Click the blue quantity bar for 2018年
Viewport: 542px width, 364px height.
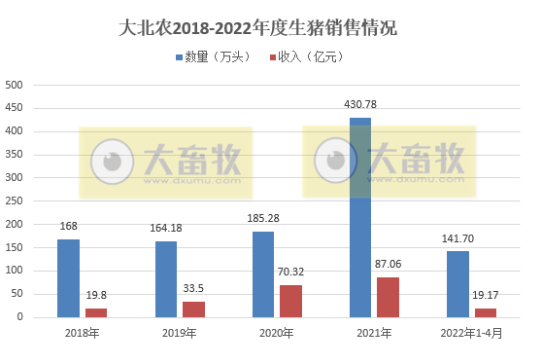tap(68, 277)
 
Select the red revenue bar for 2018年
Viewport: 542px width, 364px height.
tap(96, 311)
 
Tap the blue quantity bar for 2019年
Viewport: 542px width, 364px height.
tap(166, 278)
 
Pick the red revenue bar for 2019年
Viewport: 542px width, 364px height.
tap(193, 309)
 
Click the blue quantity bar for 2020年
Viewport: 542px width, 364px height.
tap(263, 273)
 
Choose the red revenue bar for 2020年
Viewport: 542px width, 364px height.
tap(290, 300)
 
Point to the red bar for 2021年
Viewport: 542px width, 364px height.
tap(388, 296)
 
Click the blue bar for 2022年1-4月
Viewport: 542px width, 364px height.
tap(457, 283)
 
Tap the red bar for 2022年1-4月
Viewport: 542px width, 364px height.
tap(485, 311)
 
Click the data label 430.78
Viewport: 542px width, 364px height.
tap(360, 104)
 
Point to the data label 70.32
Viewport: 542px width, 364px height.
tap(290, 273)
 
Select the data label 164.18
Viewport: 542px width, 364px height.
tap(166, 229)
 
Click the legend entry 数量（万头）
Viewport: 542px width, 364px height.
tap(214, 58)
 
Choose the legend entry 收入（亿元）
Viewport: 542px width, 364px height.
tap(309, 58)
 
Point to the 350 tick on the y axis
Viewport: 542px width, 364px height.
tap(16, 154)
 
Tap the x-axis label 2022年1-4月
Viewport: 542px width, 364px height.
tap(471, 334)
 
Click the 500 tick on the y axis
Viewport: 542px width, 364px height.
tap(16, 85)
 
